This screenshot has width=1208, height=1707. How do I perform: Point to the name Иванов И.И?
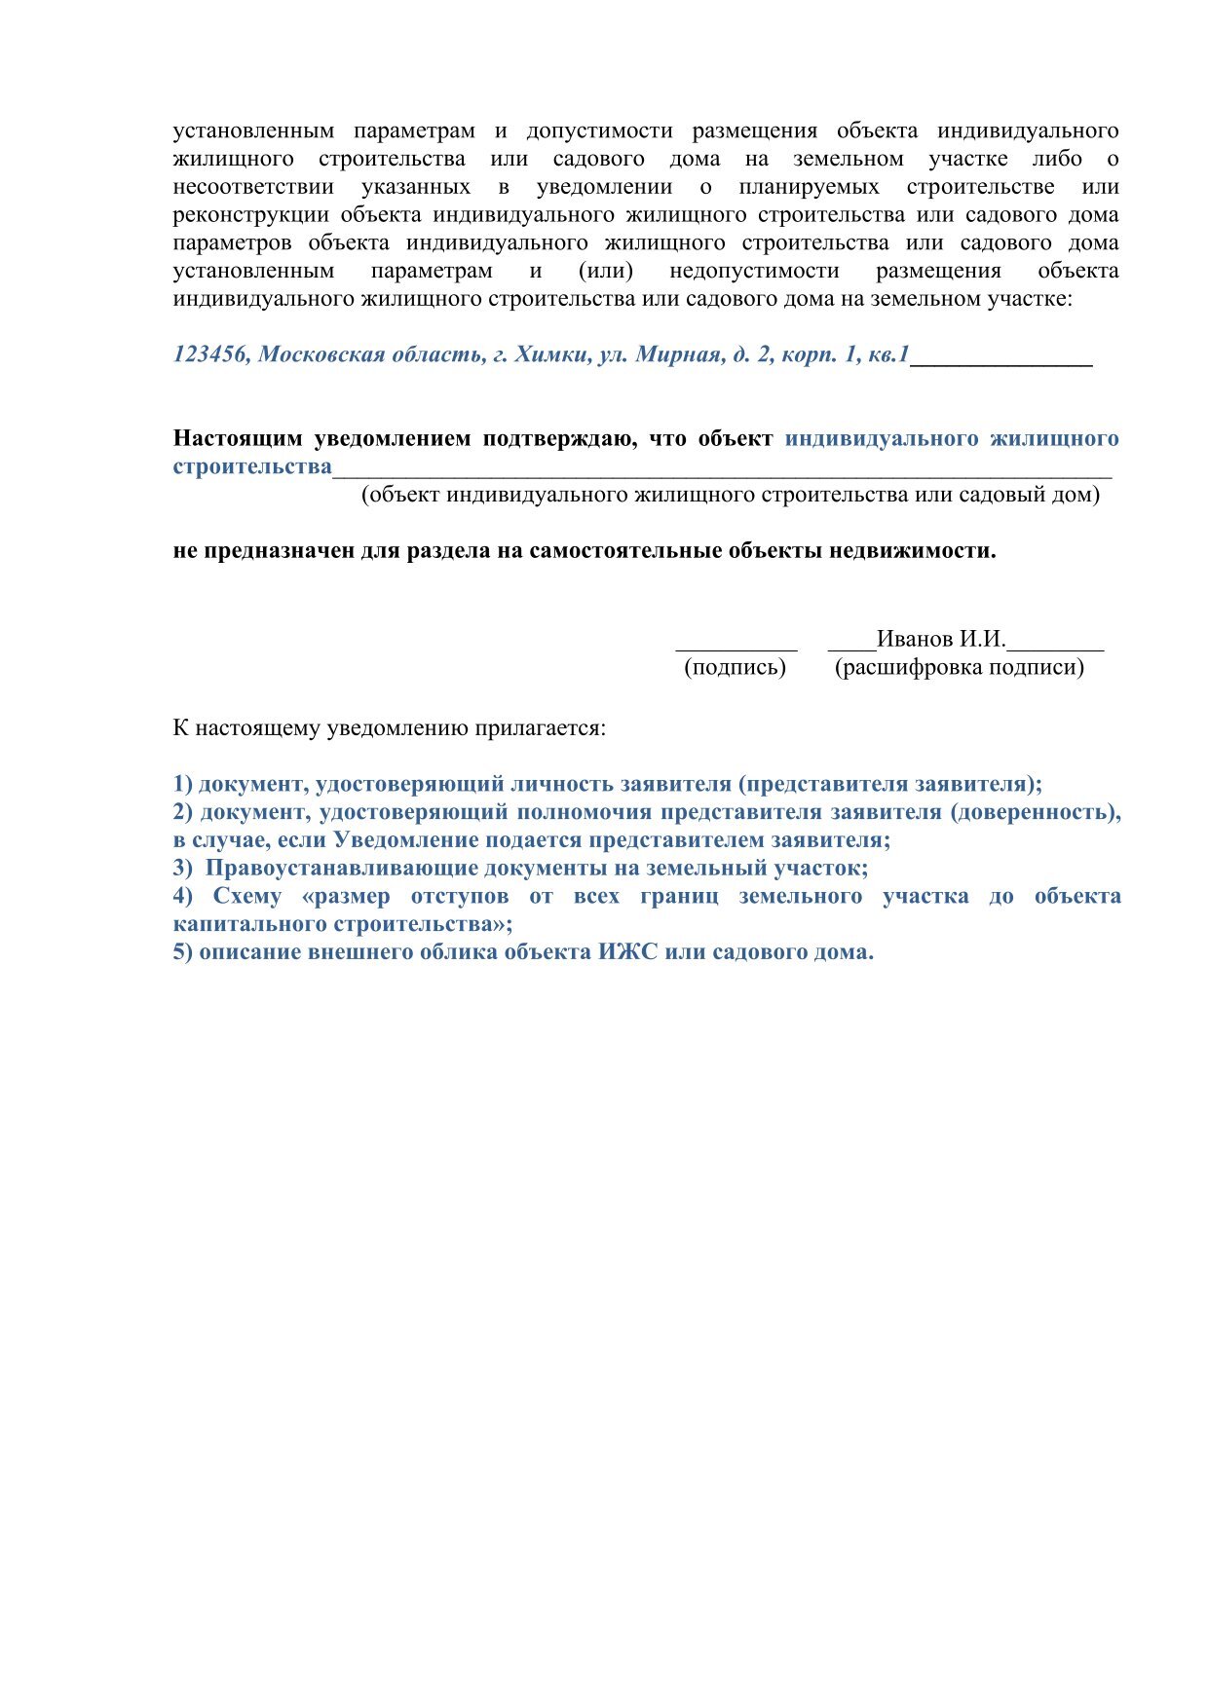tap(940, 640)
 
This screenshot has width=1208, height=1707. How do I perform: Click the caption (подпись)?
tap(735, 668)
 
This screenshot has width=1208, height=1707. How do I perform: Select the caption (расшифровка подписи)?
tap(959, 668)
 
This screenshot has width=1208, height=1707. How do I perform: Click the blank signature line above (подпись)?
tap(736, 643)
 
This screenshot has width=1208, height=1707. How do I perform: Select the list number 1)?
tap(183, 784)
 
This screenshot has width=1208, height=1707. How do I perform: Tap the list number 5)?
tap(183, 952)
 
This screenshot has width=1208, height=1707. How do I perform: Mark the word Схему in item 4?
tap(247, 896)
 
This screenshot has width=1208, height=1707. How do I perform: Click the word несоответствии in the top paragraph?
tap(253, 187)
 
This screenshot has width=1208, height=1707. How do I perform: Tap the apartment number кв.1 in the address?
tap(888, 354)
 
